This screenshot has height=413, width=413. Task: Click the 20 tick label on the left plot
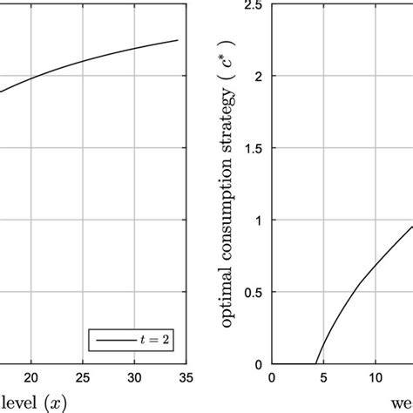[31, 378]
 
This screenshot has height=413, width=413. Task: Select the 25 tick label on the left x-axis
[83, 378]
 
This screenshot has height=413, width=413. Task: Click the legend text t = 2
[152, 341]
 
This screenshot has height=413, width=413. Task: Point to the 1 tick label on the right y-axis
[260, 220]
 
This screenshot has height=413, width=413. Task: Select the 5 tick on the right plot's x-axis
[324, 378]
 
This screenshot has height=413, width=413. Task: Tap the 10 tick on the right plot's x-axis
[376, 378]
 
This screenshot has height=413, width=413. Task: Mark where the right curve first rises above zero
[315, 363]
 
